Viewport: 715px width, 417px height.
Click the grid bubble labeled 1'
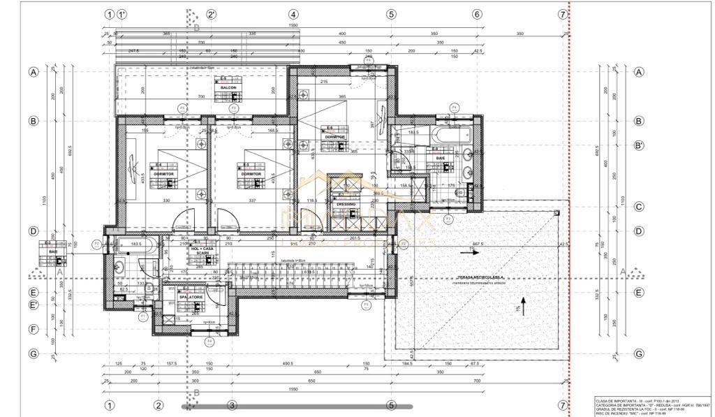pyautogui.click(x=122, y=14)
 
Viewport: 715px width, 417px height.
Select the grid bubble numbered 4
pyautogui.click(x=293, y=14)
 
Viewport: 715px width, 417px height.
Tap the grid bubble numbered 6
pyautogui.click(x=477, y=14)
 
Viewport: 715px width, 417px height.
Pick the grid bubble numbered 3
pyautogui.click(x=232, y=405)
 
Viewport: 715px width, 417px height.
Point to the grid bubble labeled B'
pyautogui.click(x=638, y=146)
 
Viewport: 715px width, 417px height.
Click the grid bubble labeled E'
pyautogui.click(x=33, y=305)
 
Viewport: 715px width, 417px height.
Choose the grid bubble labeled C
pyautogui.click(x=638, y=207)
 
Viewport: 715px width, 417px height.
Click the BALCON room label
pyautogui.click(x=229, y=87)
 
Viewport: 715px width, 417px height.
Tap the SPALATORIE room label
pyautogui.click(x=191, y=297)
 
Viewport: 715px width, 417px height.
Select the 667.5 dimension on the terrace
pyautogui.click(x=479, y=244)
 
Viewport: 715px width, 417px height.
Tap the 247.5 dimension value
pyautogui.click(x=135, y=51)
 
